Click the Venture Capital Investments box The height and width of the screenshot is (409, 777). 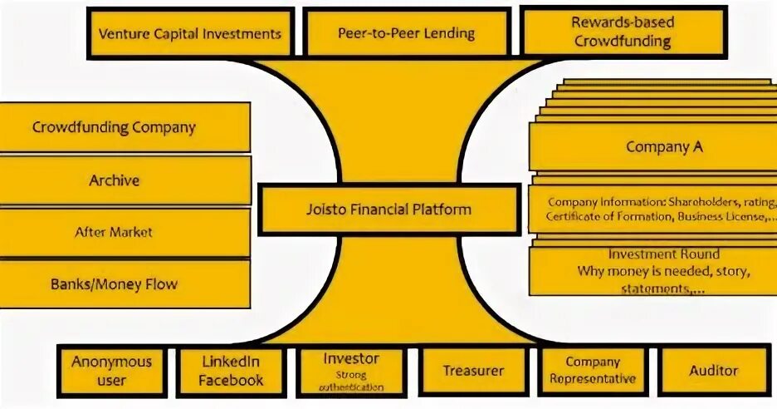[190, 34]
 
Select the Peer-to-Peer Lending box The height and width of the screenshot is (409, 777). [406, 33]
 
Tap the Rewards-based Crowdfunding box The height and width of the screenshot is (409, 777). [623, 32]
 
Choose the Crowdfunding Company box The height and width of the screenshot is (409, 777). [115, 127]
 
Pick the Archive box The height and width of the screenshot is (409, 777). [115, 180]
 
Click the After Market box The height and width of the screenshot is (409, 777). [115, 232]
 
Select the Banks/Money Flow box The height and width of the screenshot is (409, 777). [115, 283]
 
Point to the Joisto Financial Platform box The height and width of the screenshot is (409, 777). [388, 209]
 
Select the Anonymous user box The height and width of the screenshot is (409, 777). [111, 371]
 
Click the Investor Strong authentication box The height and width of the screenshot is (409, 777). [351, 371]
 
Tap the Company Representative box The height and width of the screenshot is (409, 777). [593, 371]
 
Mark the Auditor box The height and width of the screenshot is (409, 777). [713, 371]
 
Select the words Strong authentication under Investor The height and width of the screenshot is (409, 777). [351, 381]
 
